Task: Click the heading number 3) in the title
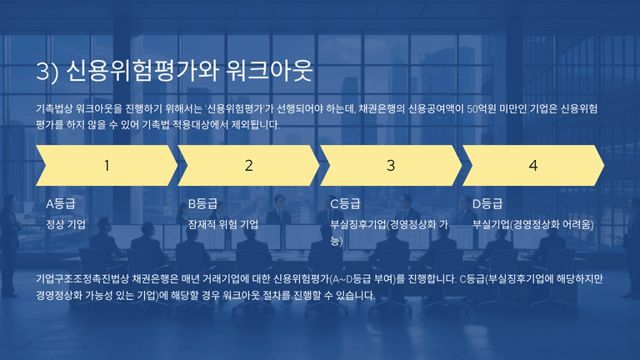[47, 71]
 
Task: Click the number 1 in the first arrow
[107, 166]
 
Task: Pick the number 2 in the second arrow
[248, 166]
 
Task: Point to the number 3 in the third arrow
[391, 166]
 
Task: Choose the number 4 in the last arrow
[532, 166]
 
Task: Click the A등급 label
[60, 203]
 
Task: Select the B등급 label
[202, 203]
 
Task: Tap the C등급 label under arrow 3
[345, 203]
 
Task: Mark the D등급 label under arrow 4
[487, 203]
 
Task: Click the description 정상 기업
[66, 224]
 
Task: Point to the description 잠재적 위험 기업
[222, 224]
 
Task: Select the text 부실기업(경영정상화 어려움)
[533, 224]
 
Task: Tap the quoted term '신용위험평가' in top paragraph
[234, 108]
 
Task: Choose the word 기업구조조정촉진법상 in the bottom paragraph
[82, 279]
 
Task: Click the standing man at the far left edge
[10, 245]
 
